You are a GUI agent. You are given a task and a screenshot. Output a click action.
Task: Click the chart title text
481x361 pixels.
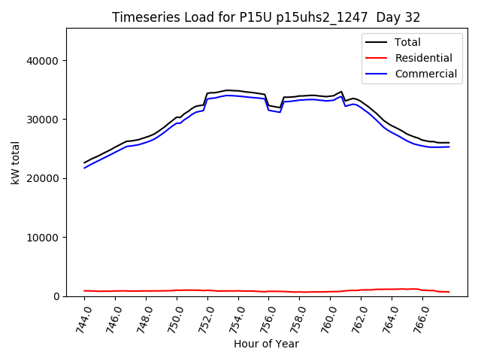tap(266, 17)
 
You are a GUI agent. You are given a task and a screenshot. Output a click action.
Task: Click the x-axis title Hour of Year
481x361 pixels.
tap(266, 344)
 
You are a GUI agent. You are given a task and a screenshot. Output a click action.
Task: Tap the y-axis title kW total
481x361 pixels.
tap(15, 162)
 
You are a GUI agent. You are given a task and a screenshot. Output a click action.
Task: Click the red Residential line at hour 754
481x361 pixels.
tap(238, 290)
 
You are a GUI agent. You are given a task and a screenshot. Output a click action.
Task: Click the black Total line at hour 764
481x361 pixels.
tap(392, 125)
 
